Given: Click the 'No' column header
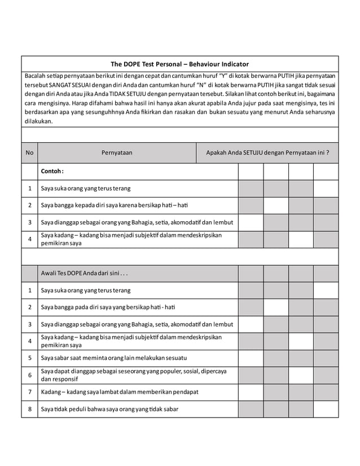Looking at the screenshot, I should [29, 152].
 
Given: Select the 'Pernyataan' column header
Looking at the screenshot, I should [117, 152].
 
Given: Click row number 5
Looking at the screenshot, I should [29, 358].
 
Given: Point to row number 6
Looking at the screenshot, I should [29, 375].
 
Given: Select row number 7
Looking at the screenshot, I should [29, 392].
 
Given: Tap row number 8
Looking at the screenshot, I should [29, 408].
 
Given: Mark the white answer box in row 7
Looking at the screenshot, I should [251, 392].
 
